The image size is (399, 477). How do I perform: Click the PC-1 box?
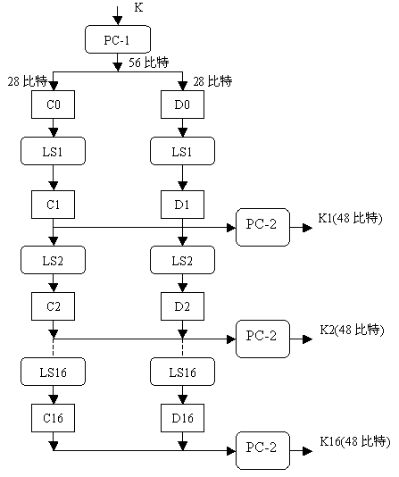click(x=118, y=39)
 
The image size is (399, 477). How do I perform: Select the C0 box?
click(x=54, y=105)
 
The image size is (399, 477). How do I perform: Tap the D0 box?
click(x=182, y=105)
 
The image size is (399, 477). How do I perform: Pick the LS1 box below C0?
click(x=54, y=151)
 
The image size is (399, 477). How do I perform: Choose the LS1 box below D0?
click(x=182, y=151)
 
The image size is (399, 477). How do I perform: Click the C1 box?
click(x=54, y=205)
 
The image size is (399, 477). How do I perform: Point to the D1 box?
click(x=182, y=205)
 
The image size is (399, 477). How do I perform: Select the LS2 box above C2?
click(x=54, y=260)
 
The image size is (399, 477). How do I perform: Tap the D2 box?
click(x=182, y=306)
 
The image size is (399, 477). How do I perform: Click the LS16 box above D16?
click(x=182, y=372)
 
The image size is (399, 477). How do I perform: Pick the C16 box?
click(x=54, y=418)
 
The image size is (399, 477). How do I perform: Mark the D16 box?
click(x=182, y=418)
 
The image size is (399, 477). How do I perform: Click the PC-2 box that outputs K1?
click(x=262, y=227)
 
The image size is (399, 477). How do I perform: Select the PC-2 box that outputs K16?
click(x=262, y=450)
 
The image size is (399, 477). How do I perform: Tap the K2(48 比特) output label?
click(x=352, y=330)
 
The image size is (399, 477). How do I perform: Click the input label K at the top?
click(x=138, y=7)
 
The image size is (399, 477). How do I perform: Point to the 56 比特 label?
click(x=148, y=63)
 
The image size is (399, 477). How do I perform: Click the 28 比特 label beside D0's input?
click(x=212, y=81)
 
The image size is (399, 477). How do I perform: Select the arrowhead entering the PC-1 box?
click(x=118, y=21)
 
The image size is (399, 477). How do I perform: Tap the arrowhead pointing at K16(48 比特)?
click(x=308, y=450)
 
